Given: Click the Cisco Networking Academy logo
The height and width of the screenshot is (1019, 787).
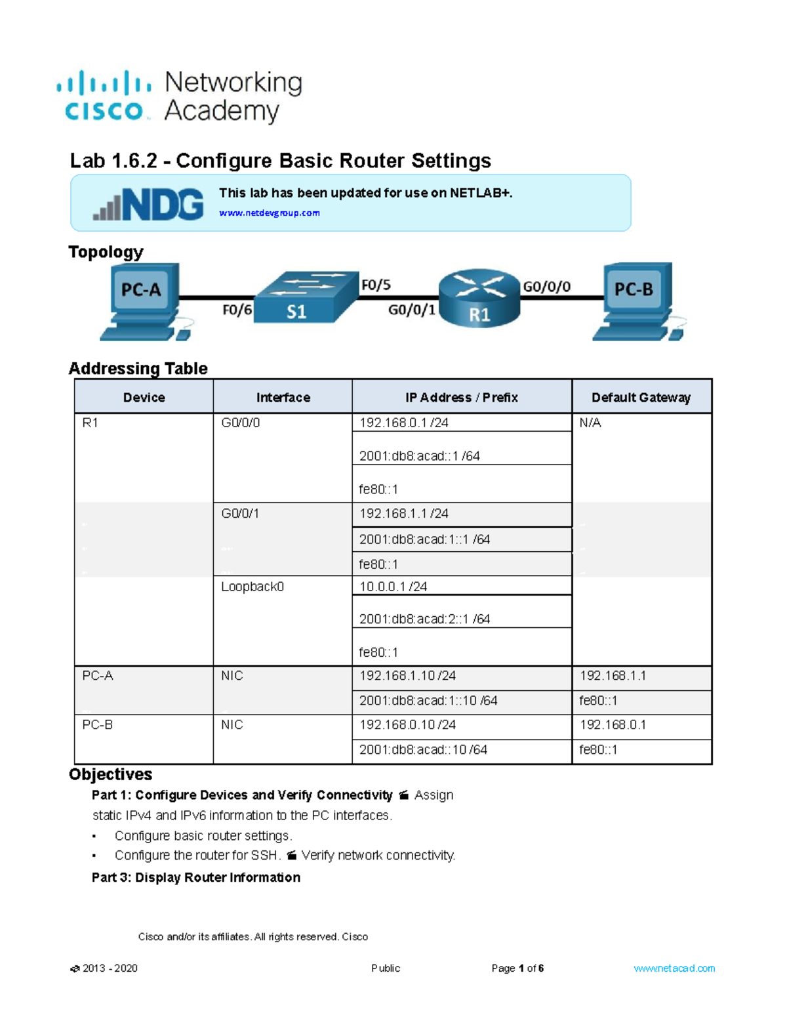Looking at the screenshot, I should point(179,96).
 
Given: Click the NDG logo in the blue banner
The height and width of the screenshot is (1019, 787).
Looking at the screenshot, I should point(148,204).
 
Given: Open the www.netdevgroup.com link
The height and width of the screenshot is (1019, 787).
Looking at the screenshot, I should point(269,213).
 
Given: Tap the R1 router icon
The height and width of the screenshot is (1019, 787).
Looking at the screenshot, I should point(479,299).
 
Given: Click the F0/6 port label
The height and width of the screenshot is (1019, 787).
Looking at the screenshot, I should point(237,310).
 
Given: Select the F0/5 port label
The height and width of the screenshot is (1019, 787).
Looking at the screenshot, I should point(376,285).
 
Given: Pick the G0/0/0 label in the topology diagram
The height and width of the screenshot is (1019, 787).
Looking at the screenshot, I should point(546,287).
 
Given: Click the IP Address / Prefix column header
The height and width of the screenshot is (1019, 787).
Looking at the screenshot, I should point(461,398).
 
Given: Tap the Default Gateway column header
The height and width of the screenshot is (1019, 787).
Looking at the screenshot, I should point(641,398).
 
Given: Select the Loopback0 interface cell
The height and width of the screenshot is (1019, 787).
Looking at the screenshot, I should point(252,587).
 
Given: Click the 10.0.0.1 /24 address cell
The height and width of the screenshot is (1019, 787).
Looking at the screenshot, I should point(393,587).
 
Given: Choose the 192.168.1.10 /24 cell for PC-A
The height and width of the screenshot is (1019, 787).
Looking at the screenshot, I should point(407,676).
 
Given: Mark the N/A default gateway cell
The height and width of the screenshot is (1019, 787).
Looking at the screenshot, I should point(590,423).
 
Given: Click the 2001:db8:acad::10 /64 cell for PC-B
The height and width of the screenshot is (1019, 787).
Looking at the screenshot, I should point(423,750).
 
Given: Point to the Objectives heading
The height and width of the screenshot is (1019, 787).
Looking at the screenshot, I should point(110,774).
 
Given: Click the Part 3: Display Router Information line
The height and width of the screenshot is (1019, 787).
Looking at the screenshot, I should point(196,878).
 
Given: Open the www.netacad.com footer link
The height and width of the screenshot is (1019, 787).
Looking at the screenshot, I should point(674,968).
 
